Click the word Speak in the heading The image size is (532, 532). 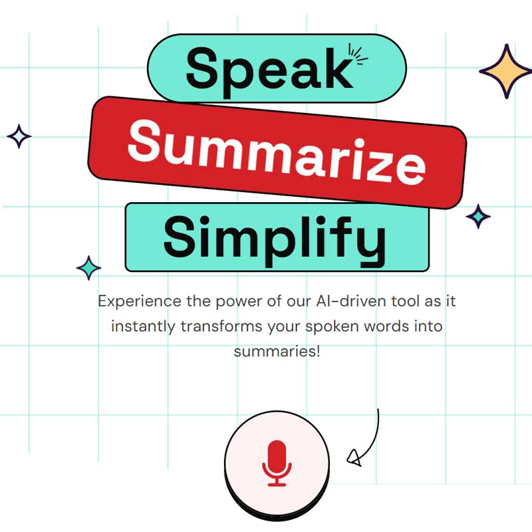tap(270, 71)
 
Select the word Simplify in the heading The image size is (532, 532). tap(275, 240)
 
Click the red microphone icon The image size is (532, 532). tap(277, 463)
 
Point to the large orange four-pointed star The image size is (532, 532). tap(506, 71)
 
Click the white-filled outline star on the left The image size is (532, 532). tap(19, 136)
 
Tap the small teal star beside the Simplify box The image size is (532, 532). tap(88, 268)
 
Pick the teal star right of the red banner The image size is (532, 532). tap(478, 216)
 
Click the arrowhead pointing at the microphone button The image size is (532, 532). tap(354, 458)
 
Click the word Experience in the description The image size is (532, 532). tap(140, 302)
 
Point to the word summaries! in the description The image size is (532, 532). tap(277, 351)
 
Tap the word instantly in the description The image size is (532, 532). tap(143, 327)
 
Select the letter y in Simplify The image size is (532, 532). tap(372, 243)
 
